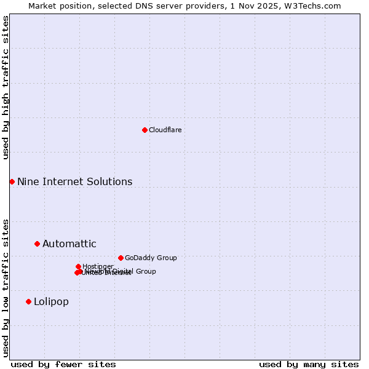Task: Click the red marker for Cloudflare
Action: [x=145, y=130]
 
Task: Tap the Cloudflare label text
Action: [x=165, y=130]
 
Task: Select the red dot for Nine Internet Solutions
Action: [x=12, y=181]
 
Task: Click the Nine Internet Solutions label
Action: [x=74, y=181]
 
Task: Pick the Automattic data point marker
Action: [x=37, y=244]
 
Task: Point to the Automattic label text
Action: [x=69, y=244]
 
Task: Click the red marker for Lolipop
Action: [x=28, y=301]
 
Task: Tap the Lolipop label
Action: [x=51, y=301]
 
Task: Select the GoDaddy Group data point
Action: [x=121, y=258]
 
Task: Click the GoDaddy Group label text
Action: [x=151, y=258]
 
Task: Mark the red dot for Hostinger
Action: [x=78, y=266]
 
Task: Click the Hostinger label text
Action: [x=98, y=266]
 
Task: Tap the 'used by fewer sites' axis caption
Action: [x=63, y=364]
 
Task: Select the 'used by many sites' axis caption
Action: [x=309, y=364]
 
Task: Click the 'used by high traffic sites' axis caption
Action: [x=6, y=87]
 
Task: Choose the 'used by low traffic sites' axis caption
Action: [x=6, y=287]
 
